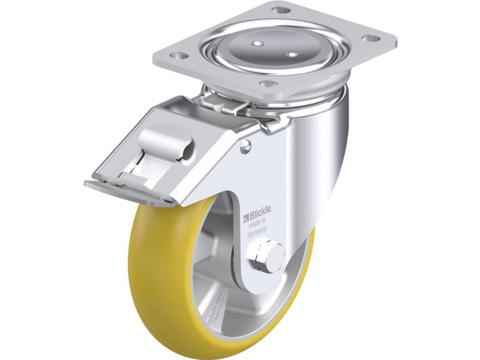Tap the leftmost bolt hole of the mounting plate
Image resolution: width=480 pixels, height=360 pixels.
[177, 55]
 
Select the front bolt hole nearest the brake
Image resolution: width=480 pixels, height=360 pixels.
[268, 84]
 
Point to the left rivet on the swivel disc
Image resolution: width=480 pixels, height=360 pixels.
[257, 43]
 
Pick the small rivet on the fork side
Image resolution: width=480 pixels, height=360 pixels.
[245, 146]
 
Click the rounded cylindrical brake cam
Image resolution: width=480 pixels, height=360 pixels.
[164, 145]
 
